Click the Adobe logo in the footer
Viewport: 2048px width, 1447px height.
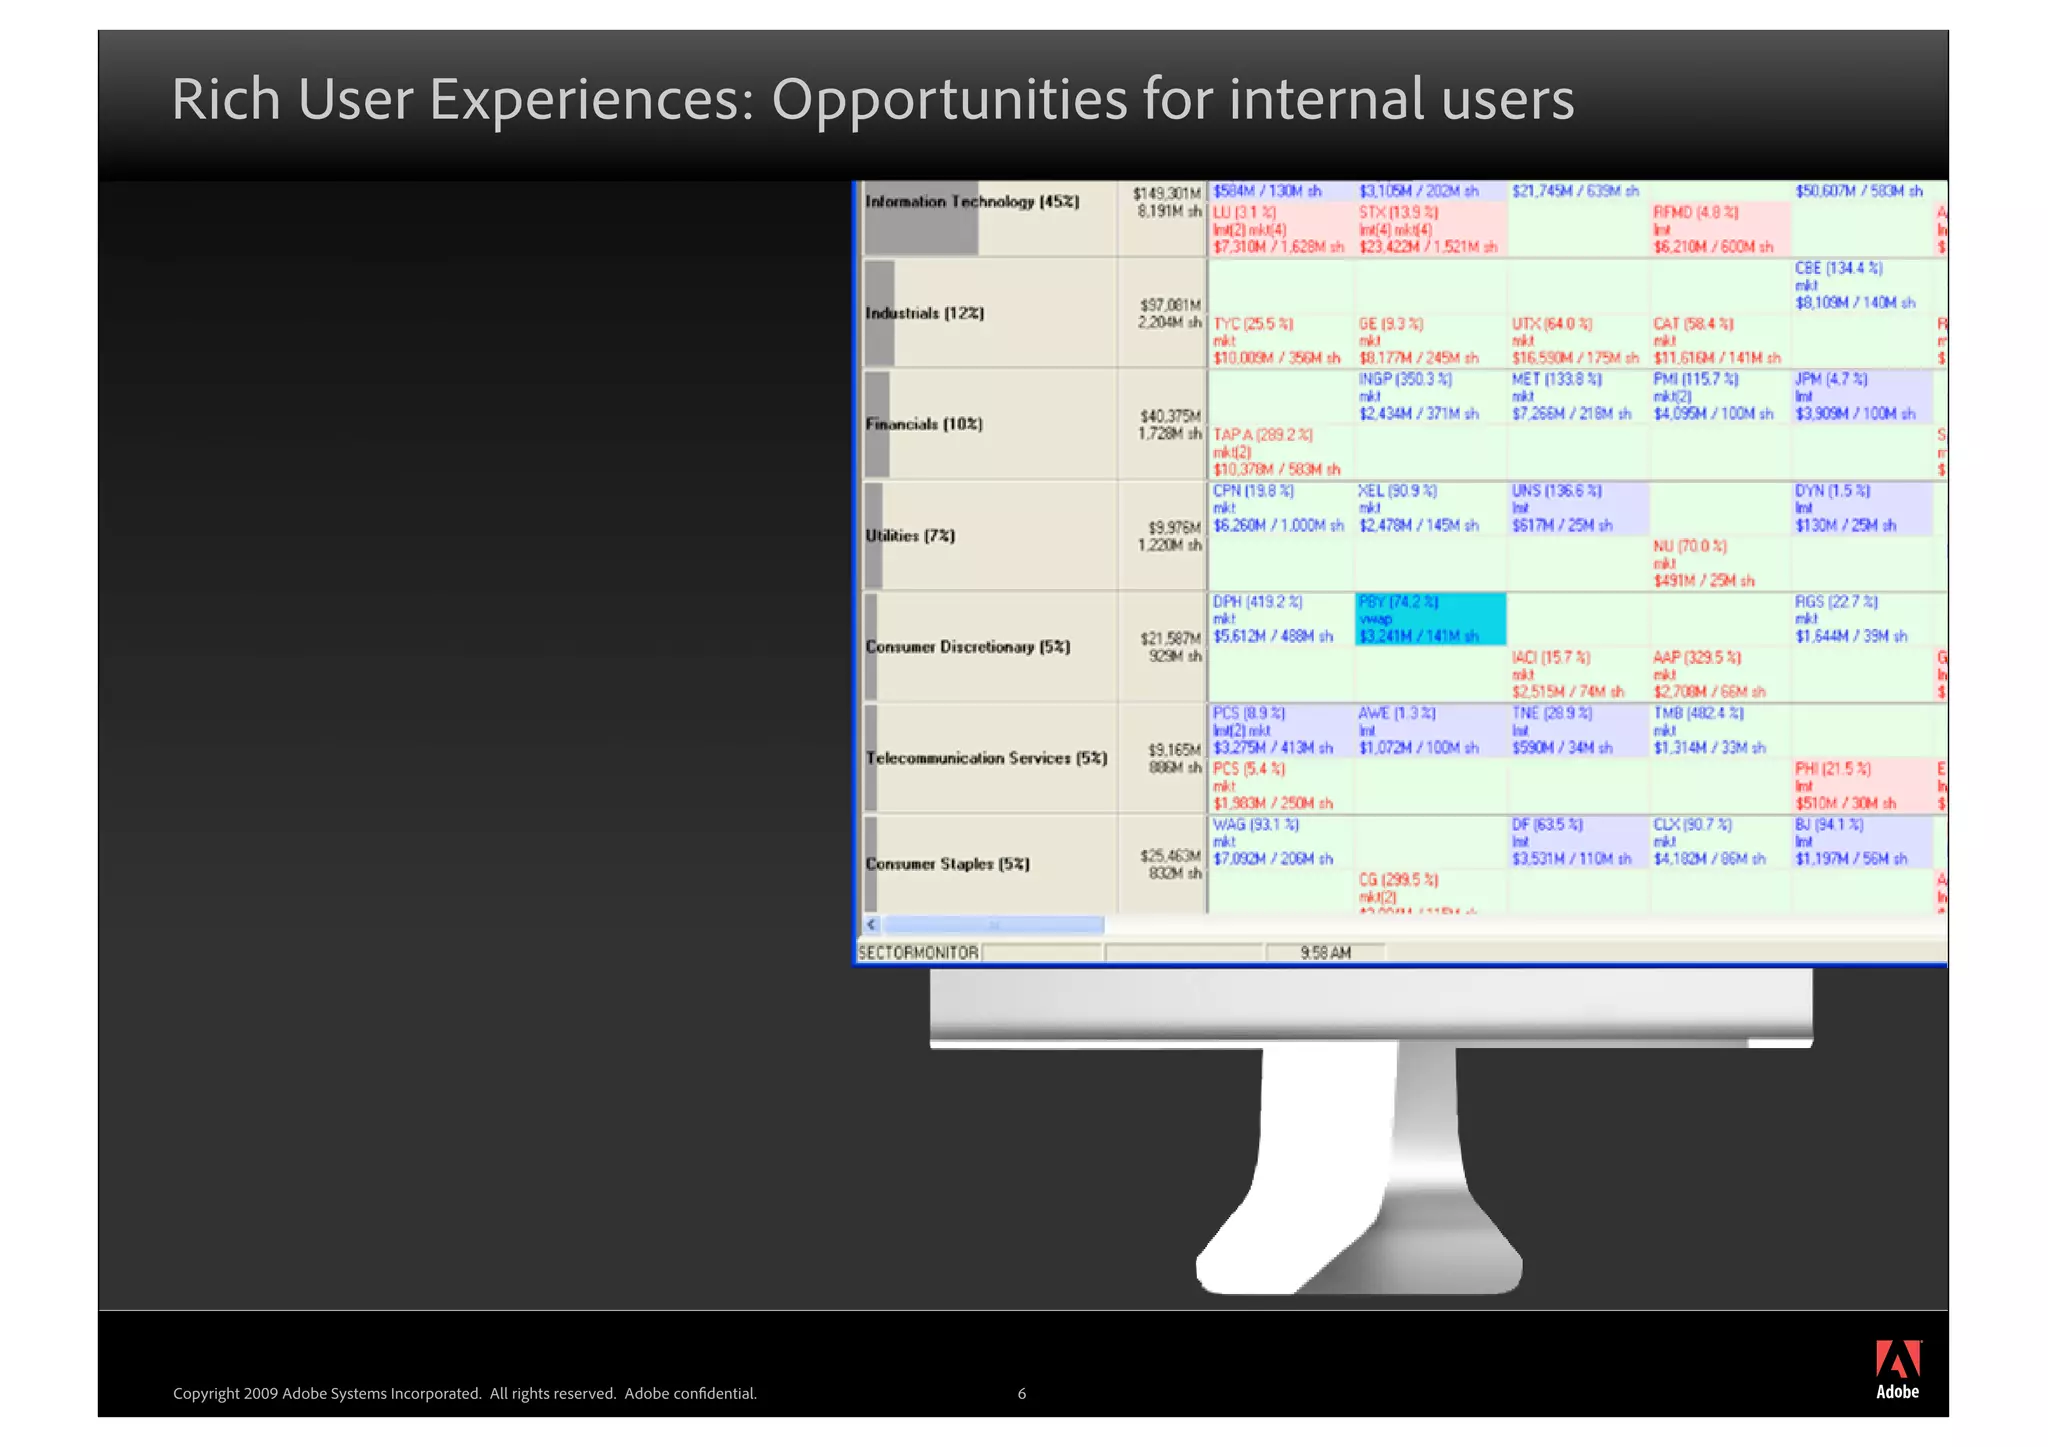point(1897,1369)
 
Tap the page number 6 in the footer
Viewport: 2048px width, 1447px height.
point(1021,1393)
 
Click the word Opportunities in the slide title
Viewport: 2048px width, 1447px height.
point(949,100)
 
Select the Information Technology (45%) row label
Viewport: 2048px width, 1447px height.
point(972,202)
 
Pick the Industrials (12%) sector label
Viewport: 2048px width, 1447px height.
point(925,313)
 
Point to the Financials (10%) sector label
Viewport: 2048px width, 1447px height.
point(924,424)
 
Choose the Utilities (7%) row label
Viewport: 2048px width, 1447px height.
point(910,536)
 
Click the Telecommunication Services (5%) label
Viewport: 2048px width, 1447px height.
point(986,758)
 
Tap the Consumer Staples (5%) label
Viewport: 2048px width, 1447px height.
point(947,864)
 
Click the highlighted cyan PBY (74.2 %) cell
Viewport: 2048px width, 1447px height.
point(1429,619)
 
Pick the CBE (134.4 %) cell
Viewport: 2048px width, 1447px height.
point(1859,286)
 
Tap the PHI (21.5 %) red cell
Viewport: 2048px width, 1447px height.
point(1859,786)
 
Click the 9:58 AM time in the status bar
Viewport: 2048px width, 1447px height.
point(1325,953)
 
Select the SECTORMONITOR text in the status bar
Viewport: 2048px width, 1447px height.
point(918,953)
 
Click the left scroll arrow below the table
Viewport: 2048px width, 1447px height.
point(871,925)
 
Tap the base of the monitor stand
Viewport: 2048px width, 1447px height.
point(1358,1265)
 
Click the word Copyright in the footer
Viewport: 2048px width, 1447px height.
point(206,1393)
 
